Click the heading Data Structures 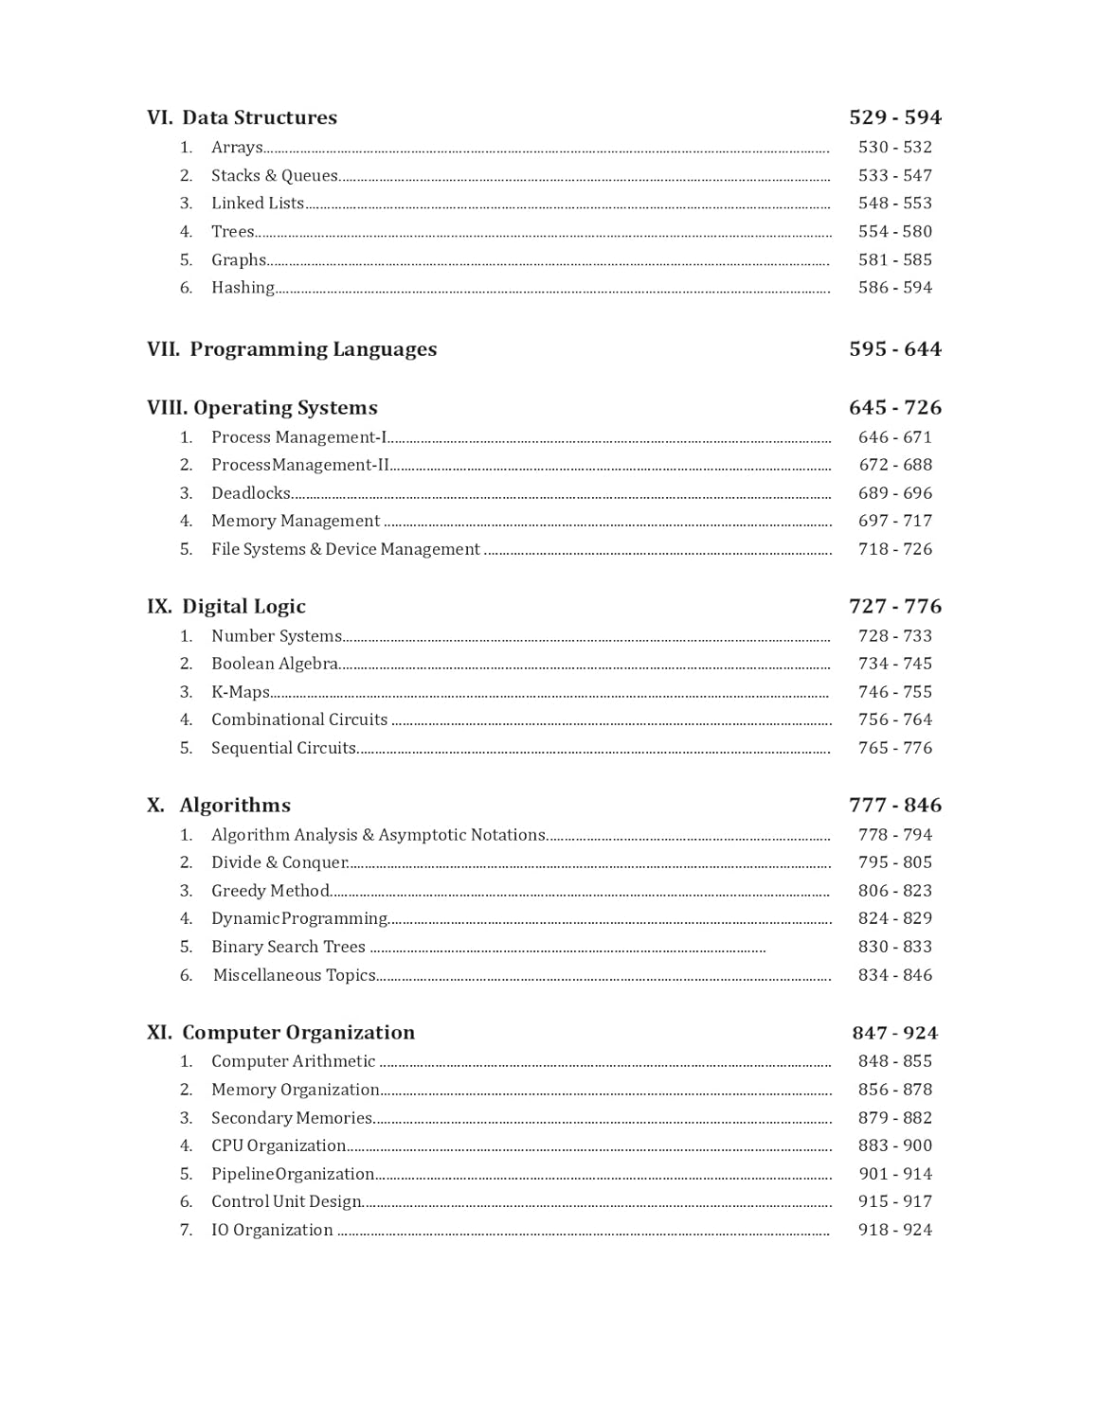(x=259, y=117)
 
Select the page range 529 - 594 (x=895, y=117)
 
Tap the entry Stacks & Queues (x=274, y=175)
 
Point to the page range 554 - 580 (x=895, y=231)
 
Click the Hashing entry (x=243, y=288)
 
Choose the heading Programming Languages (x=313, y=349)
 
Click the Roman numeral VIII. (x=167, y=408)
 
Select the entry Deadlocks (x=250, y=493)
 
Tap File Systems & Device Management (x=345, y=549)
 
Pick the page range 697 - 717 (x=895, y=521)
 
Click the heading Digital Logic (x=243, y=607)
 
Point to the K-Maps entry (x=240, y=692)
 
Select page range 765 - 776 (x=895, y=748)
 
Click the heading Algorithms (x=235, y=806)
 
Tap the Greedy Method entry (x=270, y=891)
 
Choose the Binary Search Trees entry (x=288, y=947)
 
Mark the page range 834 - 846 (x=895, y=975)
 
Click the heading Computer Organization (x=298, y=1033)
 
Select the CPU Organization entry (x=279, y=1145)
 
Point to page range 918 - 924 (x=895, y=1230)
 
